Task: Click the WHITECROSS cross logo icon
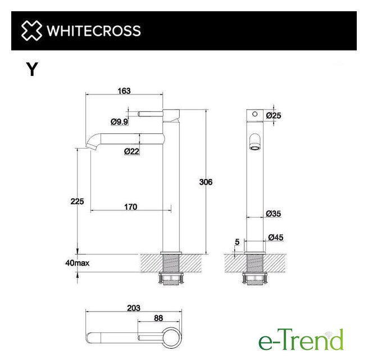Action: pos(31,30)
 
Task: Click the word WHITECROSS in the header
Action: pos(94,31)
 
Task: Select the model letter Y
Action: pos(32,69)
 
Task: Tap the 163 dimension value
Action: pos(124,91)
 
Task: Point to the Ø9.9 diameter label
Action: pos(120,121)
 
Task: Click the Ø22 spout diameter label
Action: pos(131,151)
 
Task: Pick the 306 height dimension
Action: pos(206,182)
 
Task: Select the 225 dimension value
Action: pos(77,201)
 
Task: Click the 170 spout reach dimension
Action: pos(131,207)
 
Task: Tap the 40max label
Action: pos(78,263)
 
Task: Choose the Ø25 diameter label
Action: pos(274,116)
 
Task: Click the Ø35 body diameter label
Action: pos(274,214)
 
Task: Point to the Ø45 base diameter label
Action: pos(276,237)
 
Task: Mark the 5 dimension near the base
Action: pos(237,242)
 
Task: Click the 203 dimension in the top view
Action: pos(134,308)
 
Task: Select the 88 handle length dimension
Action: pos(158,318)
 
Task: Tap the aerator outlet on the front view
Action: pos(255,148)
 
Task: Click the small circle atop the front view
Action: pos(255,114)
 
